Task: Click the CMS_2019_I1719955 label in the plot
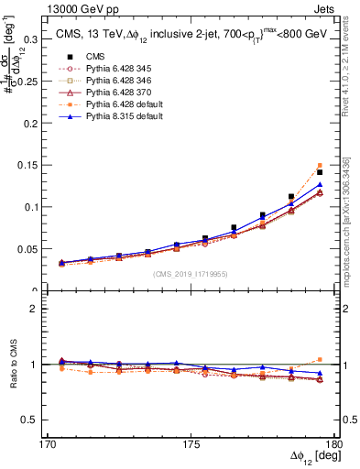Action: coord(190,273)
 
